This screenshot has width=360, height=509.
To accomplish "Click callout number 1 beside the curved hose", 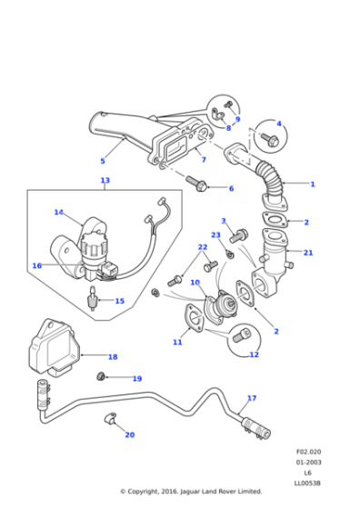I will pos(312,184).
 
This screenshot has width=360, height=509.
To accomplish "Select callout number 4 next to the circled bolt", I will pos(279,124).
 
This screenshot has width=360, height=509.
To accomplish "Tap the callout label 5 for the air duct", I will pos(102,161).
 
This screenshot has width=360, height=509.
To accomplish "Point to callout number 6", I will pos(231,188).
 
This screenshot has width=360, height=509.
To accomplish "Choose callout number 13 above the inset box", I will pos(105,181).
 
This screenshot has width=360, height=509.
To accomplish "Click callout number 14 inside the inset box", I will pos(59,213).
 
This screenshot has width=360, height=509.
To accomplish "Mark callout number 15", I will pos(119,301).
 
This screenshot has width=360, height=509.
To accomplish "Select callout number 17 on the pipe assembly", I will pos(252,398).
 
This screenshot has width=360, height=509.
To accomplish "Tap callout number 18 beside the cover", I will pos(113,357).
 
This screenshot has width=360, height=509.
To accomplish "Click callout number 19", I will pos(136,378).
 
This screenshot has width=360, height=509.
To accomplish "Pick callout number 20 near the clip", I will pos(129,434).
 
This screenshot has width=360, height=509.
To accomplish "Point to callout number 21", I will pos(308,253).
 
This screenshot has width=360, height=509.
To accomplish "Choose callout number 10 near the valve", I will pos(195,283).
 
